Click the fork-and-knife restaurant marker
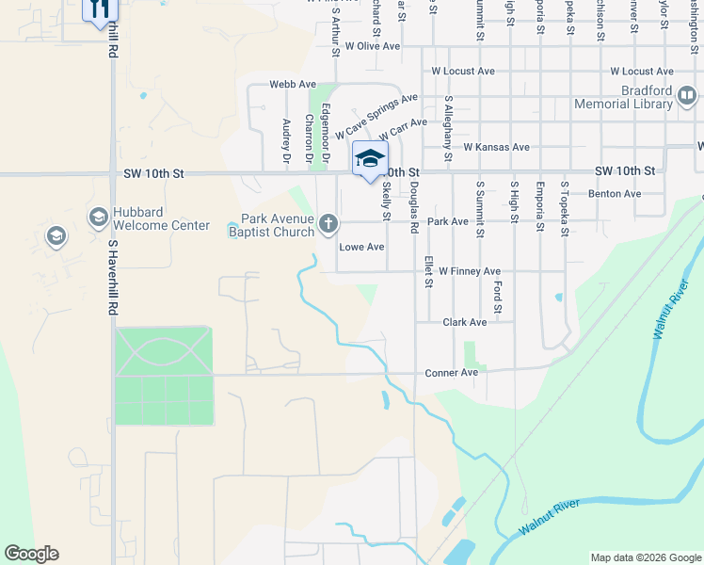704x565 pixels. (x=99, y=9)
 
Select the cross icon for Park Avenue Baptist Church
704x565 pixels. (x=328, y=223)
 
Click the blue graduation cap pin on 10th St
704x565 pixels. (x=370, y=158)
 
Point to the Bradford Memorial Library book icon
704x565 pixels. (x=687, y=95)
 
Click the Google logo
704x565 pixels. (x=31, y=554)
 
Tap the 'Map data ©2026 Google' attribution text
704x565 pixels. (x=645, y=557)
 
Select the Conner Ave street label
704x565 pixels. (x=452, y=373)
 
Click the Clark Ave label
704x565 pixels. (x=465, y=322)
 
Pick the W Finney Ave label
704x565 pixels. (x=469, y=271)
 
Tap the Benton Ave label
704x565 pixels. (x=614, y=194)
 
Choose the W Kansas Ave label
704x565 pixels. (x=497, y=148)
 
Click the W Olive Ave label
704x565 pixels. (x=373, y=45)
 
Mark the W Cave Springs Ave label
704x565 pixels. (x=376, y=117)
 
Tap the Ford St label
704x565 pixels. (x=497, y=297)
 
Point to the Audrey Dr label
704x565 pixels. (x=286, y=141)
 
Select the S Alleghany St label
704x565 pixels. (x=448, y=118)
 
